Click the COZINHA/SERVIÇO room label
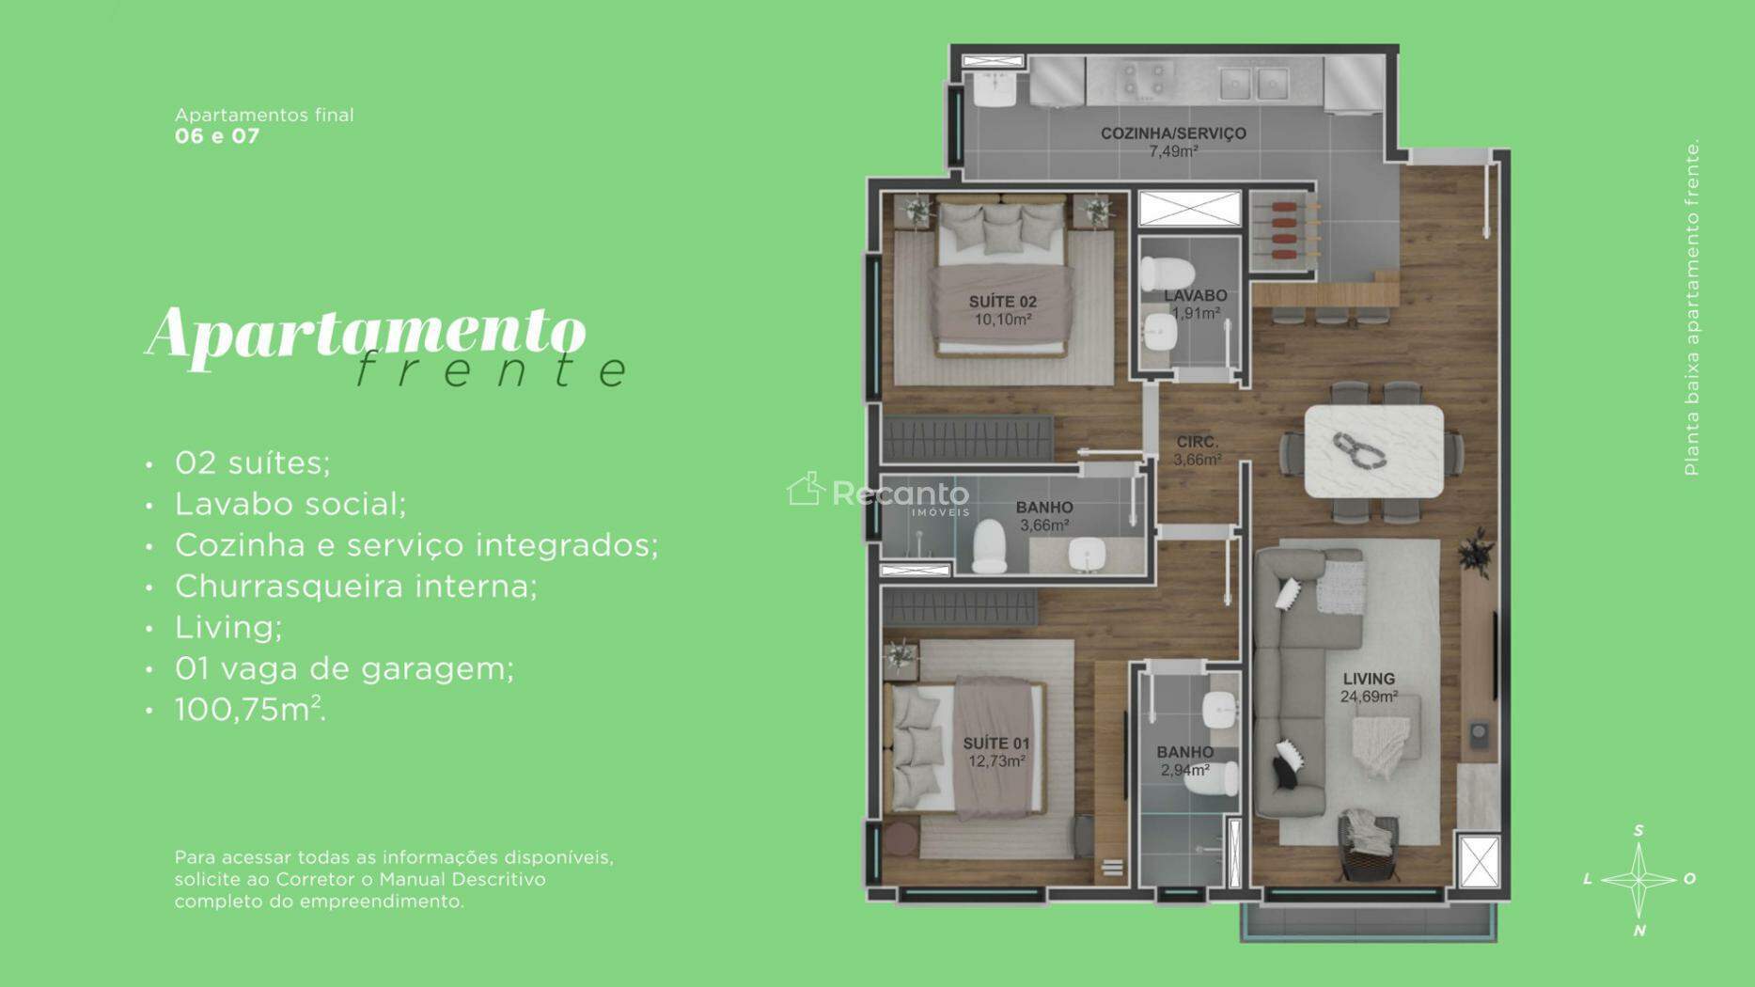pos(1173,142)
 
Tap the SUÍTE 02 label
pos(1003,310)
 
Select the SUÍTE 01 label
pos(996,752)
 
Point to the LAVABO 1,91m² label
pos(1196,305)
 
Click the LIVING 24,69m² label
pos(1369,687)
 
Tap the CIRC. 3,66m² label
pos(1198,450)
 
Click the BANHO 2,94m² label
pos(1184,760)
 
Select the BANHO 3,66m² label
pos(1044,516)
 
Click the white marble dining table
pos(1373,451)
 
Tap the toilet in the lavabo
pos(1166,274)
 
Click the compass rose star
pos(1638,880)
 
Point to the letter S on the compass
pos(1638,830)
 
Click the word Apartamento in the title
pos(366,335)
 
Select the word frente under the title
pos(492,369)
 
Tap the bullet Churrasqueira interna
pos(356,586)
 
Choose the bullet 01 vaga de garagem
pos(344,668)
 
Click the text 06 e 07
pos(217,135)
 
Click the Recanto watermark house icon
pos(806,489)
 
